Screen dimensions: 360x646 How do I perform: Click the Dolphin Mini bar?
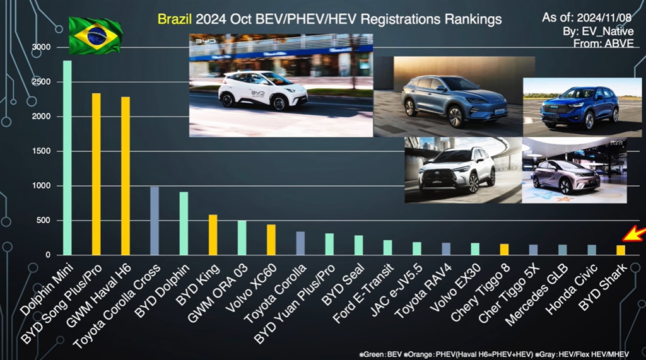coord(67,158)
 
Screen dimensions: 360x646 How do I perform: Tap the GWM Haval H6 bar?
coord(126,176)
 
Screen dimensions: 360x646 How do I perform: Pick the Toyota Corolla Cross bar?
coord(155,221)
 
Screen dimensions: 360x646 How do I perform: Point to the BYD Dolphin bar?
coord(184,223)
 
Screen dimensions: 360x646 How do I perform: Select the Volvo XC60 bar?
coord(271,240)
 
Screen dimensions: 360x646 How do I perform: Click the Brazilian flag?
coord(95,35)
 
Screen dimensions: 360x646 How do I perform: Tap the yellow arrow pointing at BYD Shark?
coord(633,235)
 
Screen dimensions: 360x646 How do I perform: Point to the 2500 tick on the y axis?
coord(42,82)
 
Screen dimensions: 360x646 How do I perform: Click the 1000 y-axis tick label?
coord(42,186)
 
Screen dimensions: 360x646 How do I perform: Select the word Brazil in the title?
coord(175,20)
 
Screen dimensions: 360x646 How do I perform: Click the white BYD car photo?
coord(281,85)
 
